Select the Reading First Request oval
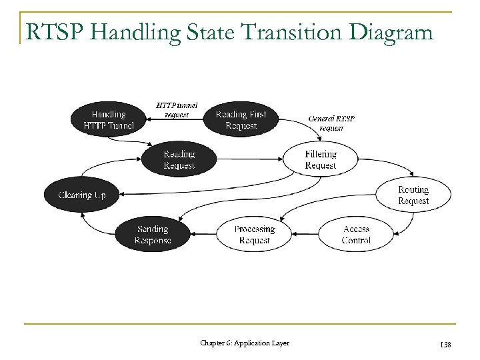point(241,119)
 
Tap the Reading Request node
point(179,159)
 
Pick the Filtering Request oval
point(321,159)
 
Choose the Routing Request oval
point(413,195)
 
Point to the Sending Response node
point(152,234)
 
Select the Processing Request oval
point(254,234)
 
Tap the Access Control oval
point(356,234)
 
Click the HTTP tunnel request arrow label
point(177,109)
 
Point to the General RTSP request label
point(331,123)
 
